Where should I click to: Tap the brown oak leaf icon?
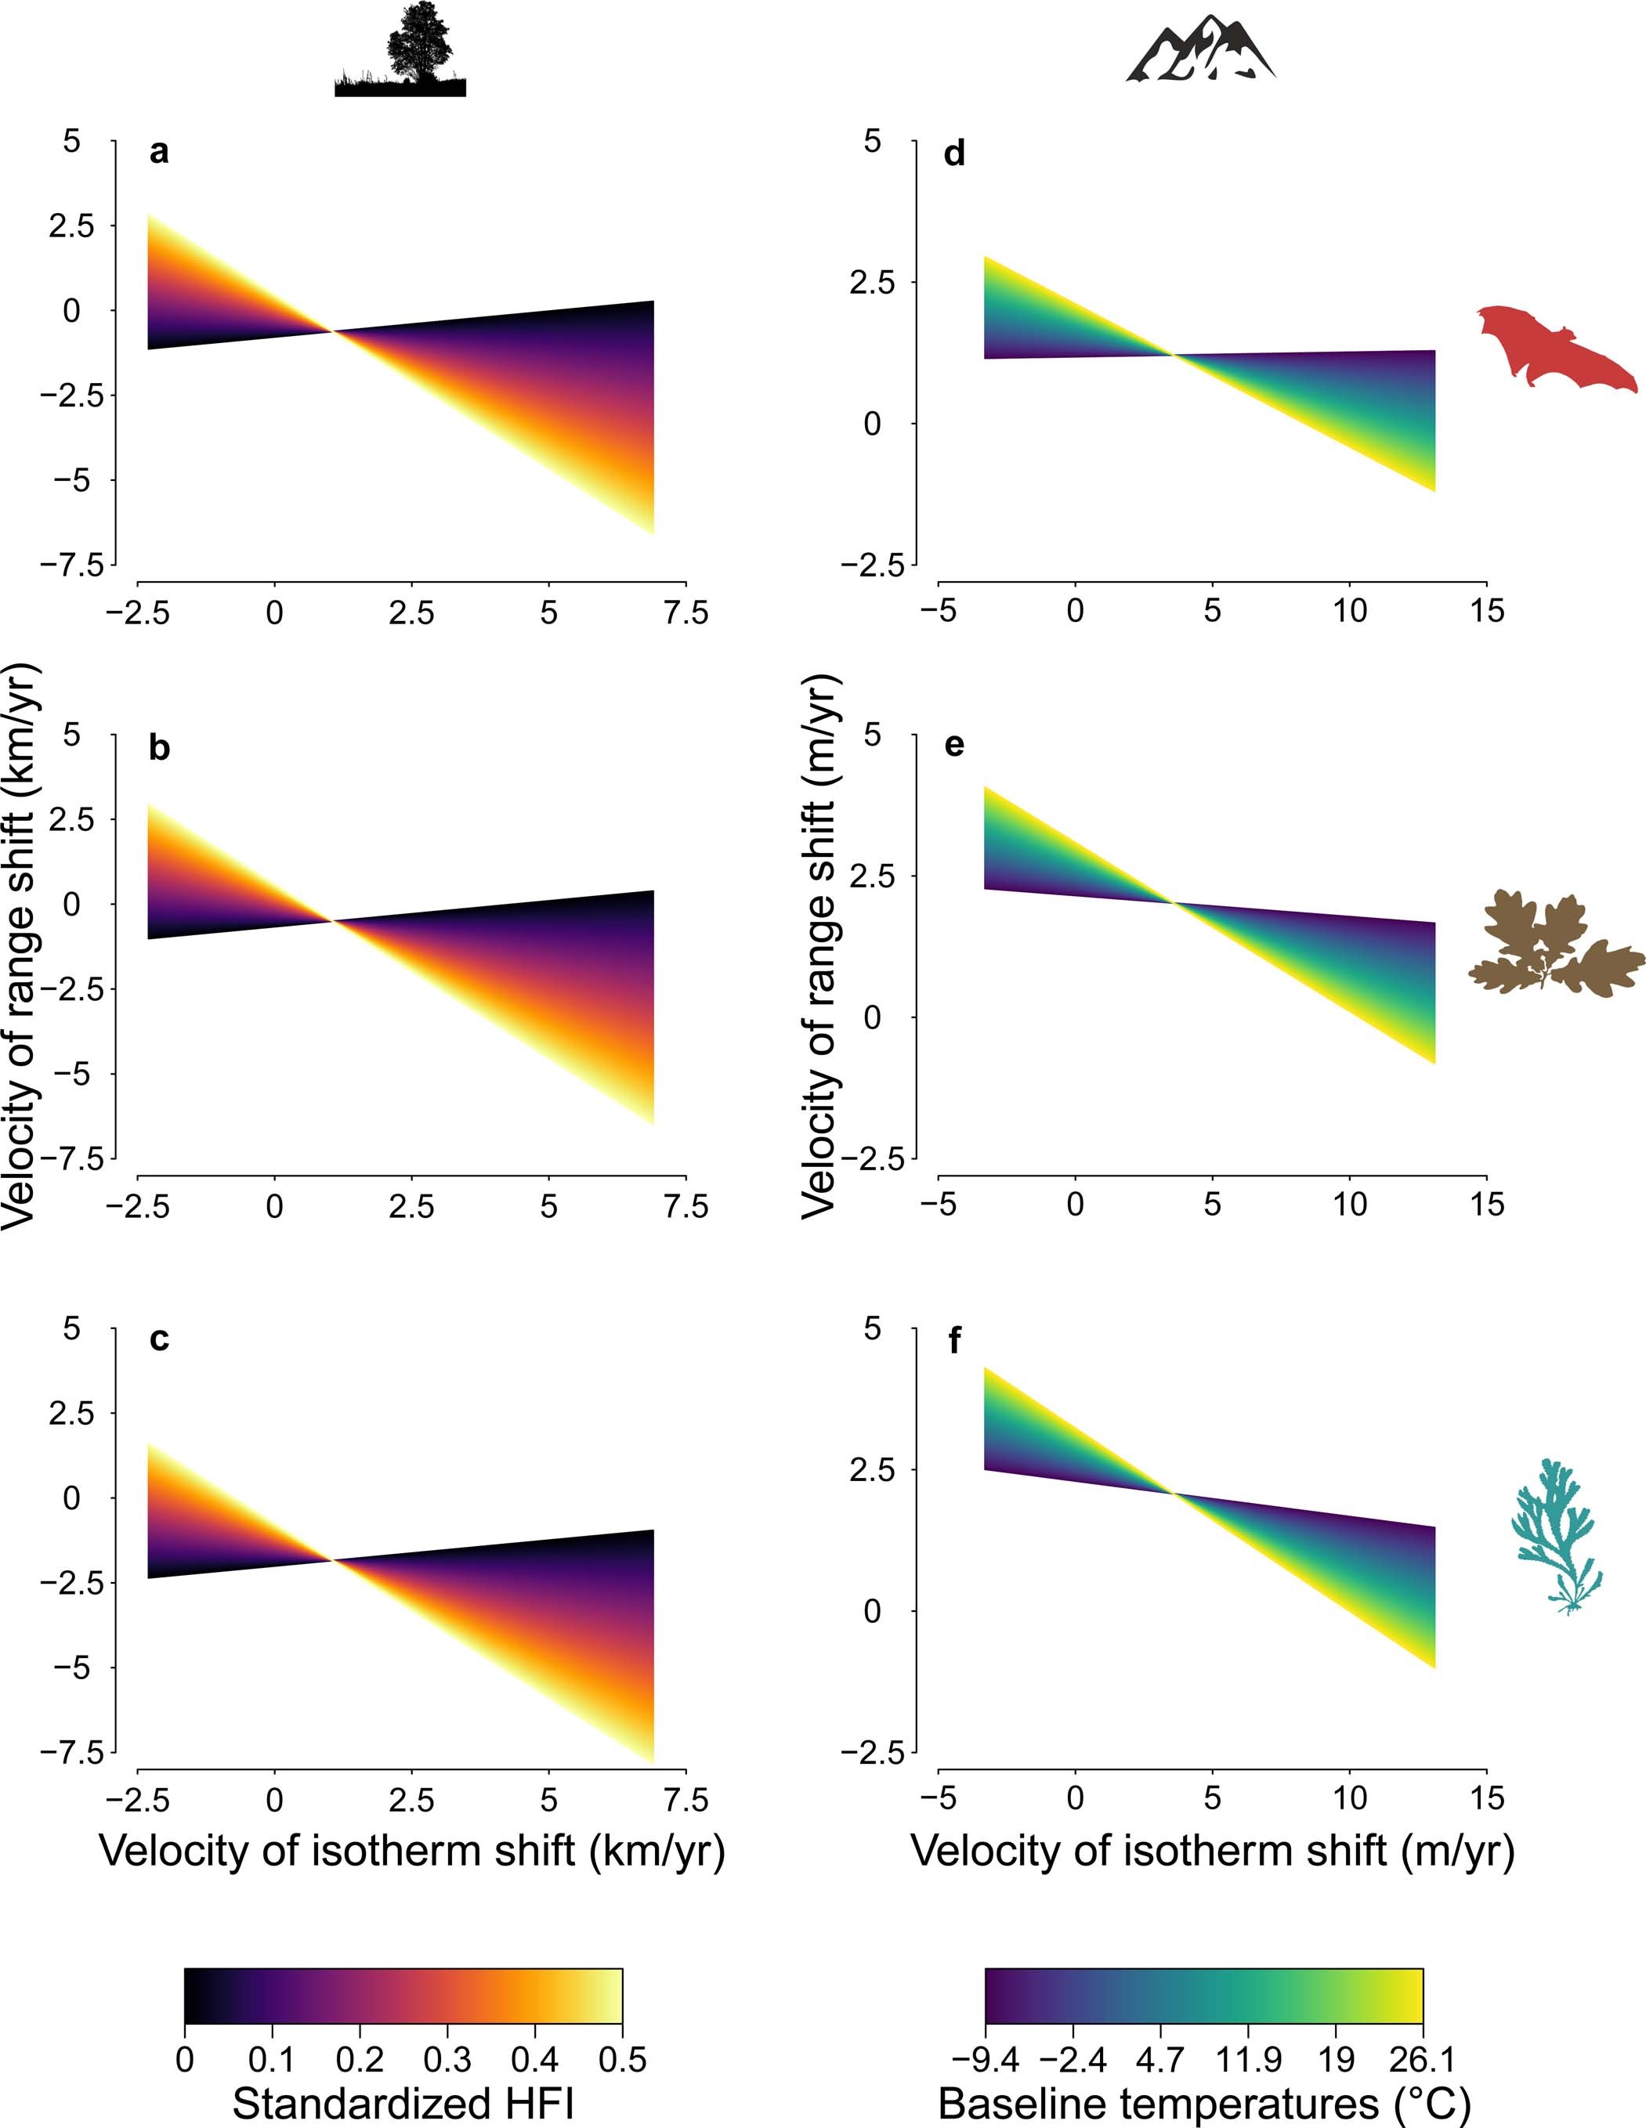[1550, 945]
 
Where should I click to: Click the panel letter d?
[954, 154]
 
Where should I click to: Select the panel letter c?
[159, 1341]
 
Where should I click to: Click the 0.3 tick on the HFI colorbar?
[447, 2060]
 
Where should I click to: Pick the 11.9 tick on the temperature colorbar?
[1248, 2060]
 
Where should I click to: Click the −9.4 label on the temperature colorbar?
[986, 2060]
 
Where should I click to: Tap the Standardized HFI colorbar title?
[403, 2105]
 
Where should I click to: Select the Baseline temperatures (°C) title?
[1203, 2105]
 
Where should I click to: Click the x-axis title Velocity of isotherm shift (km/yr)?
[411, 1849]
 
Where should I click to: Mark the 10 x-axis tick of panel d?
[1350, 612]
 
